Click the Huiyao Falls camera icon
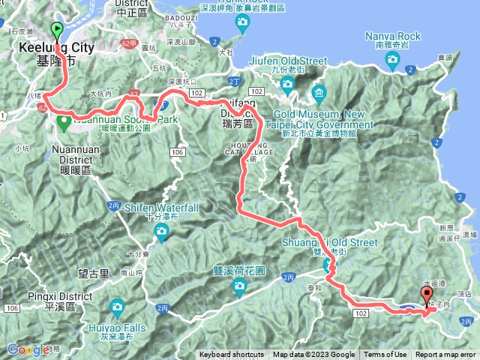[117, 307]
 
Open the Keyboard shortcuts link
[231, 355]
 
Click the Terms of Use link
[386, 355]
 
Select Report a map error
[445, 355]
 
